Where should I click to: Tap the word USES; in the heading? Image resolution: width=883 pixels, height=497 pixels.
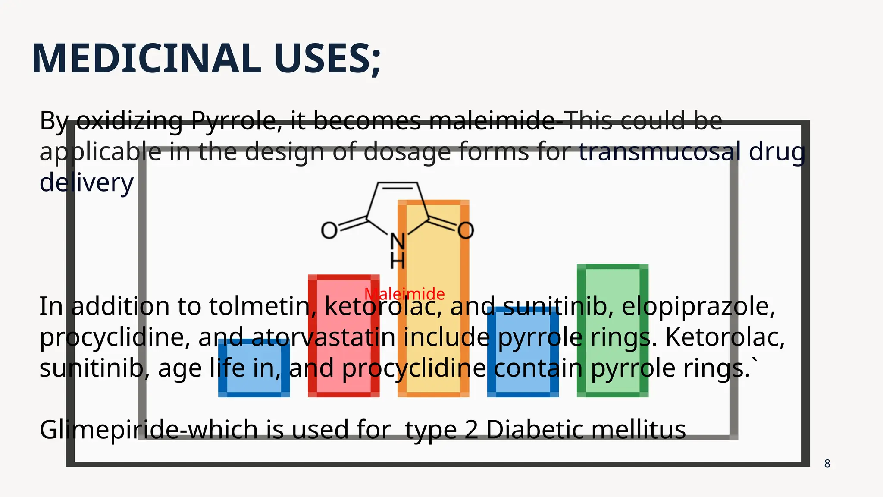coord(328,59)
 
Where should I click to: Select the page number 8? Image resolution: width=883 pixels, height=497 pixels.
coord(827,464)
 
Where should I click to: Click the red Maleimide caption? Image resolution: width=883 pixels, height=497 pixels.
coord(404,294)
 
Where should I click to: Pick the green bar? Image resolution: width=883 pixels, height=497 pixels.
coord(612,330)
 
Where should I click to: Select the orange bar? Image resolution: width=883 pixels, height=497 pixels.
coord(433,299)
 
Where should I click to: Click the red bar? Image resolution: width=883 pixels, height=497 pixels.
coord(344,336)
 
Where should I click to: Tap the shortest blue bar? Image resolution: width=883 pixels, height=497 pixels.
coord(254,368)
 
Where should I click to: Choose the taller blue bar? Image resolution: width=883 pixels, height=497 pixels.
coord(523,352)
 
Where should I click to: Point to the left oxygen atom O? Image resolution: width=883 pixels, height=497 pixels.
coord(329,230)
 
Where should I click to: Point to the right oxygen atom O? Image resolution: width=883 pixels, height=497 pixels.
coord(466,230)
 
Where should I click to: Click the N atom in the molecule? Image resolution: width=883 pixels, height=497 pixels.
coord(398,242)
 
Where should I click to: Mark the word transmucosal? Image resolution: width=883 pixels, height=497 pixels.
coord(660,152)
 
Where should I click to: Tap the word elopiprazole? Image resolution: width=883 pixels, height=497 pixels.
coord(698,306)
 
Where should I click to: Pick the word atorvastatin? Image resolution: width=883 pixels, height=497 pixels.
coord(323,337)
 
